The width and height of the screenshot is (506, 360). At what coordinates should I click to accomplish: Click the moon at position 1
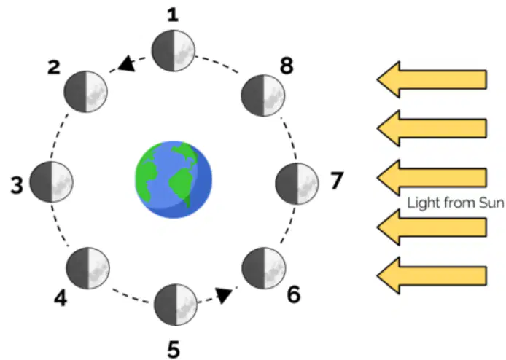(174, 50)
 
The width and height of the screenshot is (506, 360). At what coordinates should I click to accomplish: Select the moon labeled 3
(51, 182)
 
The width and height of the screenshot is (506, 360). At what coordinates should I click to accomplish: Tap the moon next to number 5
(176, 305)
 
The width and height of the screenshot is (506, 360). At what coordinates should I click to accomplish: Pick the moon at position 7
(297, 184)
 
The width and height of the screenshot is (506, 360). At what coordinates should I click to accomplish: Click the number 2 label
(53, 68)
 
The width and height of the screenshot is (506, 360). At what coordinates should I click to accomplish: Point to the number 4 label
(61, 298)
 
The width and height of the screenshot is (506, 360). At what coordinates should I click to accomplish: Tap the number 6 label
(293, 295)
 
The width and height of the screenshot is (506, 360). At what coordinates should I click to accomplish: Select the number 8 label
(287, 66)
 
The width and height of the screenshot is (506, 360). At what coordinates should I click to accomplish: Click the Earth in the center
(174, 180)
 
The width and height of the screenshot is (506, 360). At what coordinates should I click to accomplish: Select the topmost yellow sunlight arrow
(432, 79)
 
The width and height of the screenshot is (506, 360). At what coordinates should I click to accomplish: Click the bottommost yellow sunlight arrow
(432, 275)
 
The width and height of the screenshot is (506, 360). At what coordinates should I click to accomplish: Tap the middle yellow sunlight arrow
(432, 177)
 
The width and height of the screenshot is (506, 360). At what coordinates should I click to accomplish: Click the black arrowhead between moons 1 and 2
(127, 63)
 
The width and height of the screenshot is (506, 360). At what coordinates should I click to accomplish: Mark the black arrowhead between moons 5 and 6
(224, 295)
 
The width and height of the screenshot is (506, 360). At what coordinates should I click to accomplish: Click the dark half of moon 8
(252, 95)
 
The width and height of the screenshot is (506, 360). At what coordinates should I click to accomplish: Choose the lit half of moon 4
(98, 268)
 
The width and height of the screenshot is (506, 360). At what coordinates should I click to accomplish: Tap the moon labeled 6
(264, 268)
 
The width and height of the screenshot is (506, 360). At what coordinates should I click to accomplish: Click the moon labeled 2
(85, 92)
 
